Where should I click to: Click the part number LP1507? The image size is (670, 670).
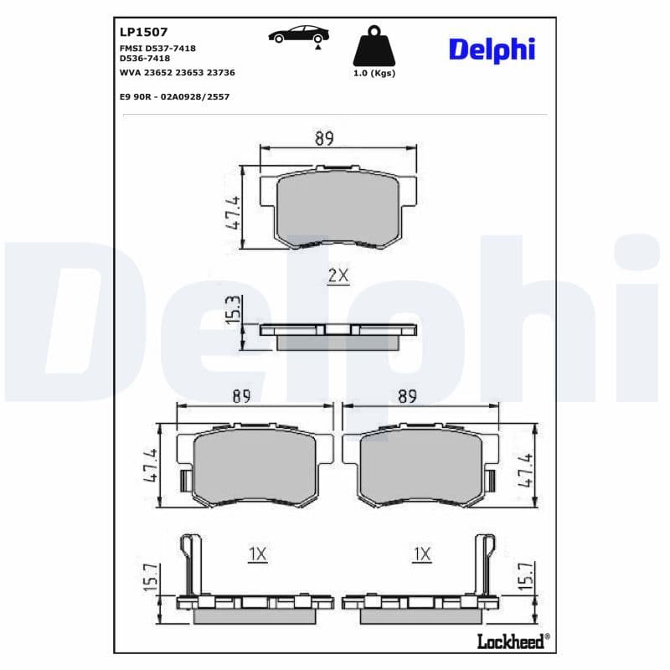pyautogui.click(x=143, y=32)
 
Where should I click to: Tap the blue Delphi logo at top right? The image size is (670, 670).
pyautogui.click(x=492, y=50)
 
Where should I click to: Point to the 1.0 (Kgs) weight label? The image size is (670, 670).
pyautogui.click(x=374, y=73)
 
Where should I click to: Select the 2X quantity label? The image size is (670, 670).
pyautogui.click(x=338, y=276)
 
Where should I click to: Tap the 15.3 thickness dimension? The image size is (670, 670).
pyautogui.click(x=234, y=309)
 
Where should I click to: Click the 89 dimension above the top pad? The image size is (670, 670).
pyautogui.click(x=324, y=138)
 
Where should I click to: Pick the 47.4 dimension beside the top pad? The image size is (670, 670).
pyautogui.click(x=234, y=213)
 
